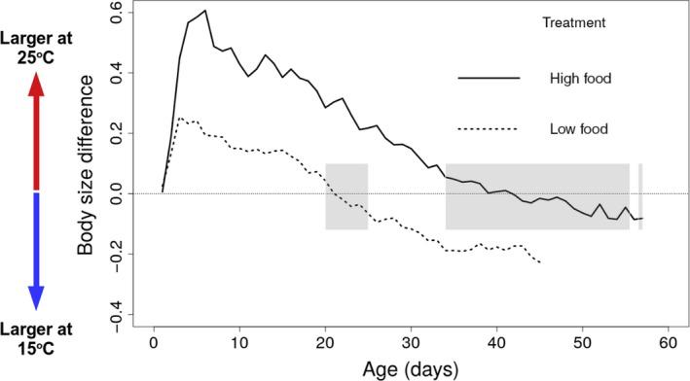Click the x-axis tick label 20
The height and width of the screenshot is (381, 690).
coord(325,345)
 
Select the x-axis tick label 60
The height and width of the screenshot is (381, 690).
coord(668,345)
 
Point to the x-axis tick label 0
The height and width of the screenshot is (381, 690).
coord(154,345)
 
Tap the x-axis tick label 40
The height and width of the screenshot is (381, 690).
coord(496,345)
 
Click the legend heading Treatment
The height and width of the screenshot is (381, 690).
coord(574,21)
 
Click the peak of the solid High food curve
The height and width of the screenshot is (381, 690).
coord(204,11)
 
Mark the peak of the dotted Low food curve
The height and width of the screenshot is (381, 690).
coord(180,119)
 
